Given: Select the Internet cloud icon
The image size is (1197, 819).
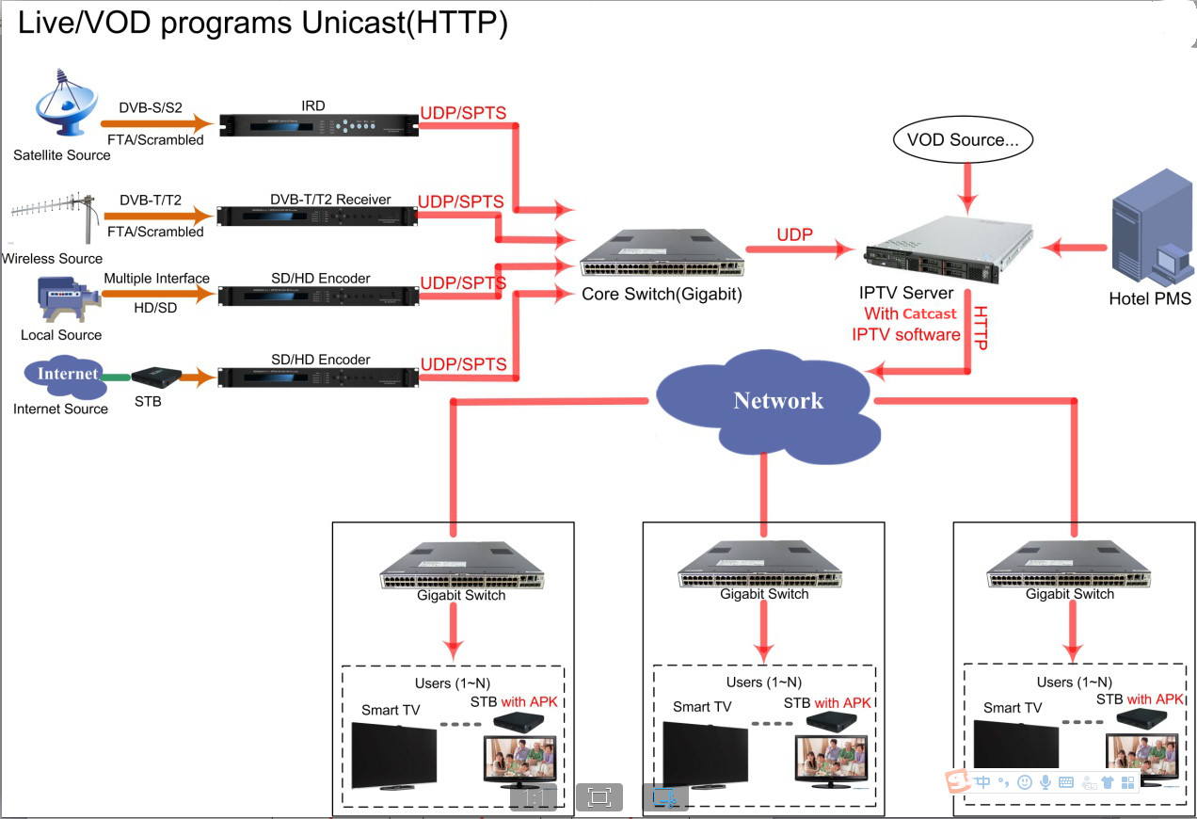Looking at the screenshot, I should click(66, 374).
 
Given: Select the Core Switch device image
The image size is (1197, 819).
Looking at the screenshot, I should click(661, 251).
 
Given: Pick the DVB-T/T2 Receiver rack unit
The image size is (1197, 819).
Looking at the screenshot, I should click(317, 216).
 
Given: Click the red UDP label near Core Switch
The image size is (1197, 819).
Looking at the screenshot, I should click(795, 234).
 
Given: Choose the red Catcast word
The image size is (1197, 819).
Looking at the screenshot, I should click(929, 314).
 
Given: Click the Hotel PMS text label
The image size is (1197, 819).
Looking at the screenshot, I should click(1150, 299).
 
